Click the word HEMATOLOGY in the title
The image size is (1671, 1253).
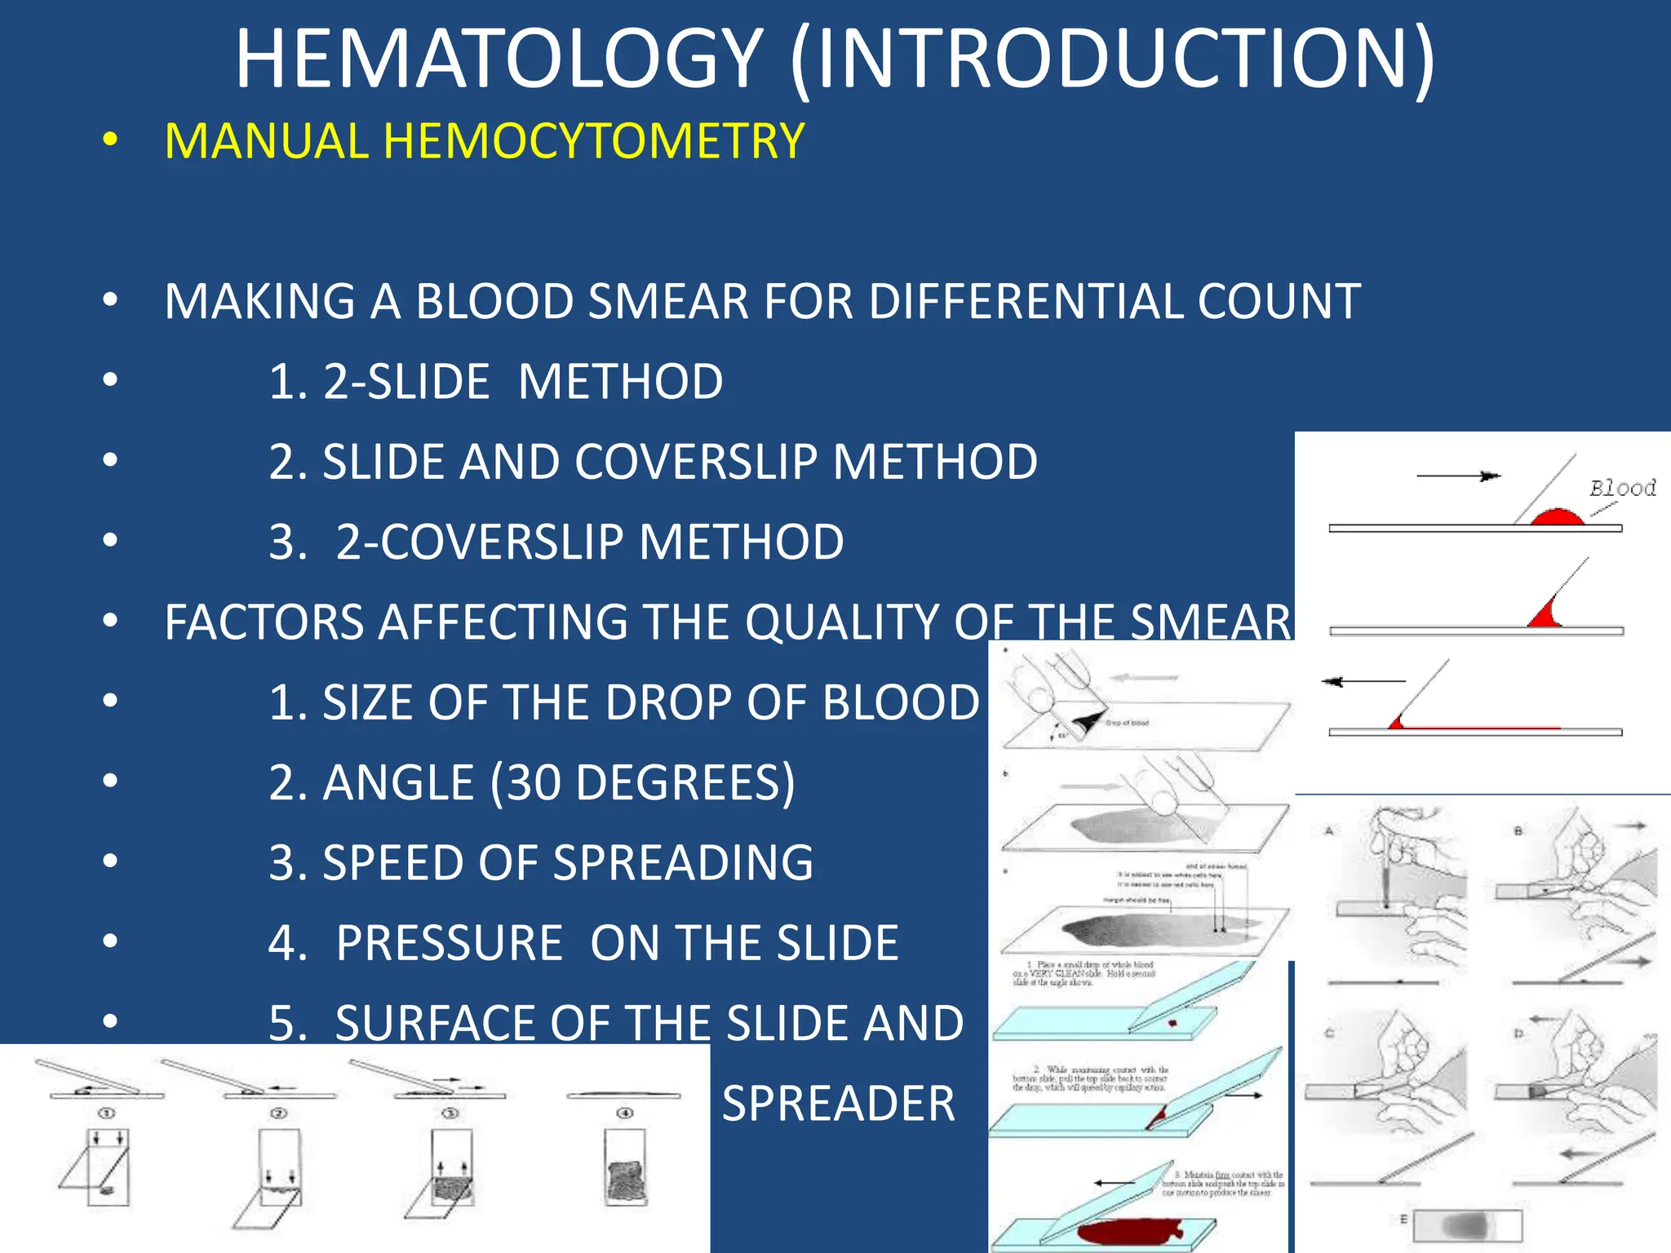coord(499,59)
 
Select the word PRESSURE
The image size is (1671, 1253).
coord(449,944)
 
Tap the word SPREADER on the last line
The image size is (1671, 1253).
coord(838,1105)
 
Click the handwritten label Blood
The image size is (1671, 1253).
coord(1622,489)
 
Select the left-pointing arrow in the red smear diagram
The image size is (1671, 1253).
coord(1363,681)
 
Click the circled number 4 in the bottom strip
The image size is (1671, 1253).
coord(625,1113)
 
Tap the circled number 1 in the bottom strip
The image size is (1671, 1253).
coord(107,1113)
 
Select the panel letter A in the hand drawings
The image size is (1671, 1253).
coord(1329,830)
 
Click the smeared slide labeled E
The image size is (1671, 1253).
coord(1467,1225)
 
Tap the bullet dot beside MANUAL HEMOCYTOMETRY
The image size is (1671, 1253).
coord(110,140)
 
